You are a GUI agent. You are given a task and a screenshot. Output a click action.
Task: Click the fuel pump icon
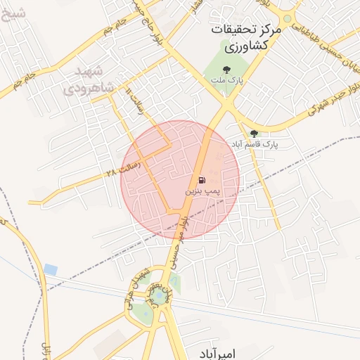pyautogui.click(x=202, y=180)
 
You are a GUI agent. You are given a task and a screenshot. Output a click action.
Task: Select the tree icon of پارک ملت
pyautogui.click(x=226, y=69)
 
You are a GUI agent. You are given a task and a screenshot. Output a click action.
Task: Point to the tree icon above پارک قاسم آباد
pyautogui.click(x=254, y=133)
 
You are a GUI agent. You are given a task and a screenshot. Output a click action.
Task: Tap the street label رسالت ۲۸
pyautogui.click(x=124, y=167)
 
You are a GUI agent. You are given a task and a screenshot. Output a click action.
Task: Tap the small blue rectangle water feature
pyautogui.click(x=50, y=269)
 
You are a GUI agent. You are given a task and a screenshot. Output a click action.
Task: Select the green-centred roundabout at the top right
pyautogui.click(x=288, y=19)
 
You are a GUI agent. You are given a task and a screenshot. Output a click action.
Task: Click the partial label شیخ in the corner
pyautogui.click(x=13, y=12)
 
